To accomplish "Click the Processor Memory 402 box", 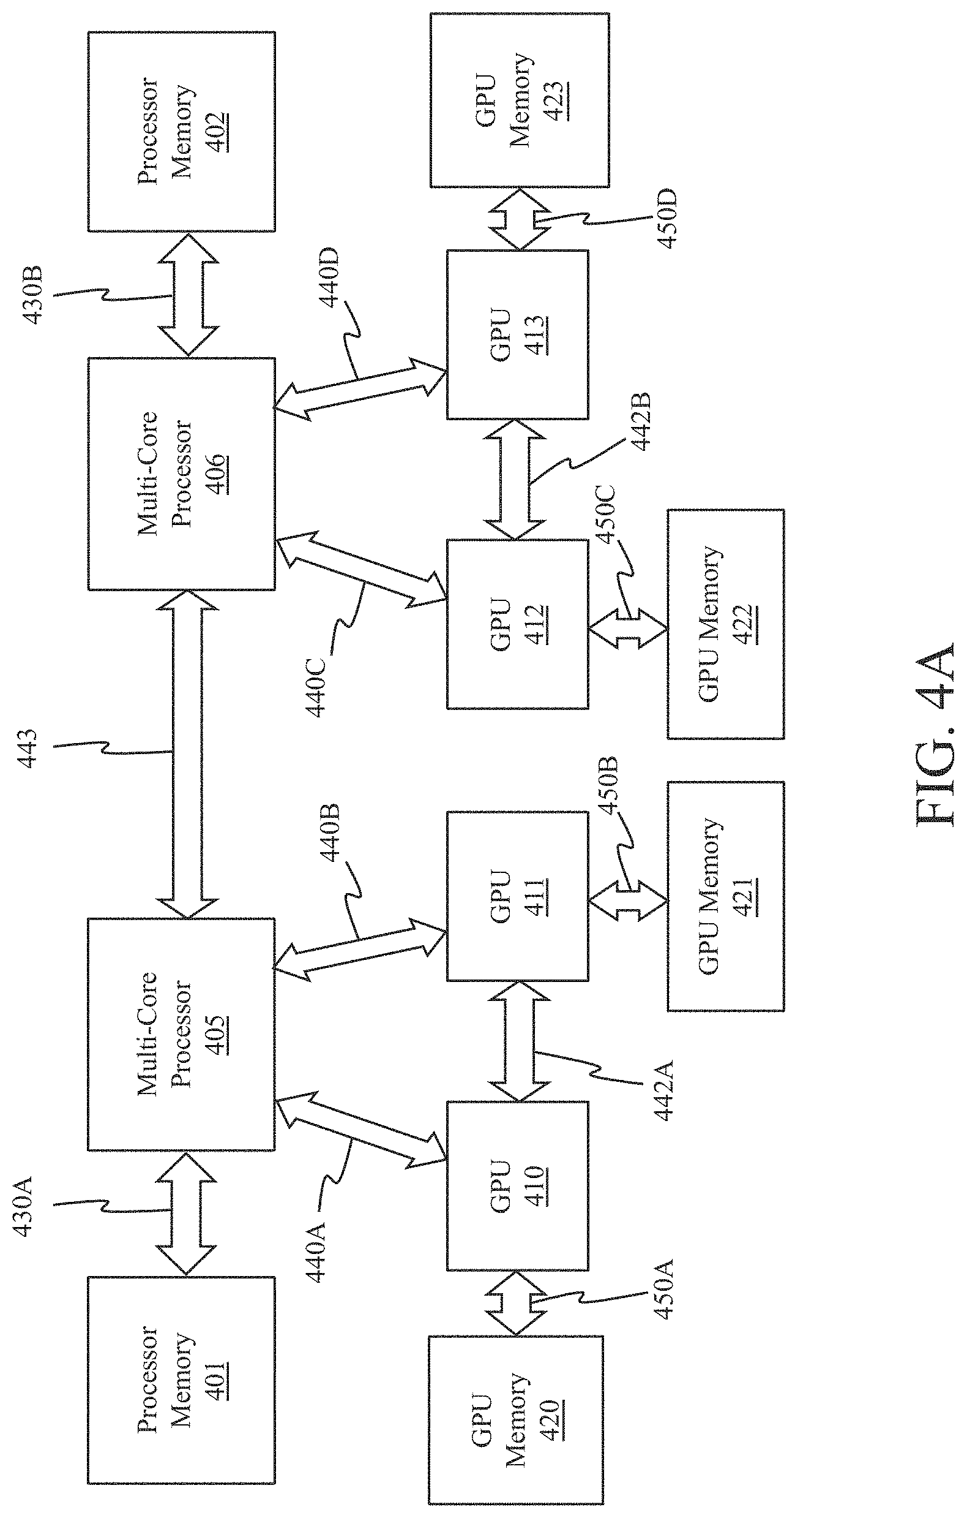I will [x=181, y=131].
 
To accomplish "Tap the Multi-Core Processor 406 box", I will [x=181, y=474].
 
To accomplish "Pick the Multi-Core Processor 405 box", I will [x=181, y=1034].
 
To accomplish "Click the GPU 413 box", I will [x=518, y=334].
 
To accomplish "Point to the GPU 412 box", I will [x=518, y=624].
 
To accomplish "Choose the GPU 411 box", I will [x=518, y=896].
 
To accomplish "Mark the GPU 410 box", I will [x=518, y=1186].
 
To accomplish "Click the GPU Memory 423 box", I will [x=520, y=100].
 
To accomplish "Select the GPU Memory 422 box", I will [x=726, y=624].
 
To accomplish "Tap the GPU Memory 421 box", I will [x=726, y=896].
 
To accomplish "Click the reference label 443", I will [x=28, y=749].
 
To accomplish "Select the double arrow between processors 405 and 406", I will [x=188, y=753].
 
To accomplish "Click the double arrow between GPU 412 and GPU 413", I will [x=515, y=479].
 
